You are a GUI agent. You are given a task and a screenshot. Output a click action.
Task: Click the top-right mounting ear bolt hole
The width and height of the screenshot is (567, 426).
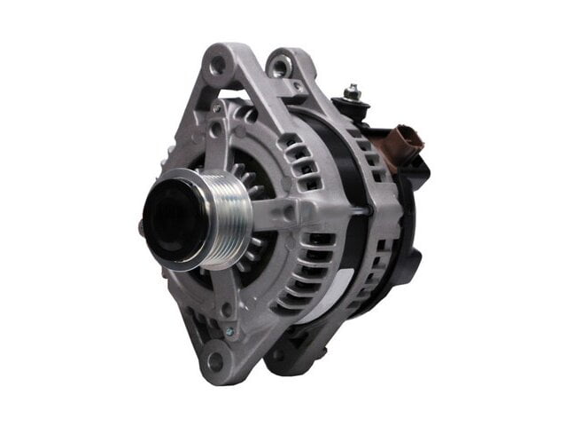[282, 65]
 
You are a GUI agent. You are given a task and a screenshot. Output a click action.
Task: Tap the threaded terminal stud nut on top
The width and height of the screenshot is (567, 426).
[353, 91]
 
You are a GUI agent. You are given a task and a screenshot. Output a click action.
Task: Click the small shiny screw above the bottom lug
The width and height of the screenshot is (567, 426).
[229, 332]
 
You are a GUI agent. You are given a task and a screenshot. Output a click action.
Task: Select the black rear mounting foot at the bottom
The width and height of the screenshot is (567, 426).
[292, 355]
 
